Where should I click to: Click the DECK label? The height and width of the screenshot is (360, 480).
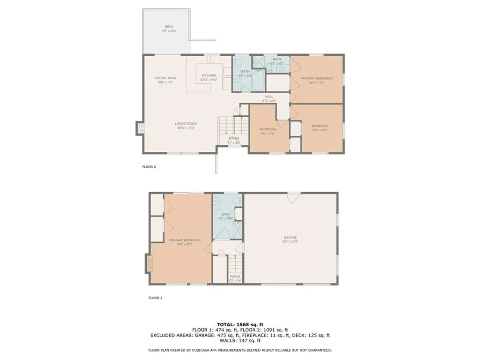pos(169,26)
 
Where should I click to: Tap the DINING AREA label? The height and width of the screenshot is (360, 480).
pos(165,78)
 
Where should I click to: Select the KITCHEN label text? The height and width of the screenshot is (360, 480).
pos(209,75)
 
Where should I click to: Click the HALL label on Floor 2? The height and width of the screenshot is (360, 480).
pos(269,97)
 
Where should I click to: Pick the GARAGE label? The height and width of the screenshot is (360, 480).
pos(290,238)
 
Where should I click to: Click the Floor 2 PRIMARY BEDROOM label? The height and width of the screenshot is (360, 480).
pos(316,79)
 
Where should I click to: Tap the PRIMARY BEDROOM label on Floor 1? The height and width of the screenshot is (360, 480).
pos(184,240)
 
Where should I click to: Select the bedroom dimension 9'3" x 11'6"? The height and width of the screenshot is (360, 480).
pos(268,133)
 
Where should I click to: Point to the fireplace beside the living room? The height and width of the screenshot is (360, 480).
pos(140,128)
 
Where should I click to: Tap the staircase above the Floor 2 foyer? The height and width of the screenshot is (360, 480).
pos(232,127)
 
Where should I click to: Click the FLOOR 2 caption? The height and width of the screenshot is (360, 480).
pos(149,166)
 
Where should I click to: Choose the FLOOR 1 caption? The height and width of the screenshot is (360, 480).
pos(155,298)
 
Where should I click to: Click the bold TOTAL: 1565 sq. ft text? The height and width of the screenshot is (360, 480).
pos(240,324)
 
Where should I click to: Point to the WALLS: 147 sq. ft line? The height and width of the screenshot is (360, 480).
pos(240,341)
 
